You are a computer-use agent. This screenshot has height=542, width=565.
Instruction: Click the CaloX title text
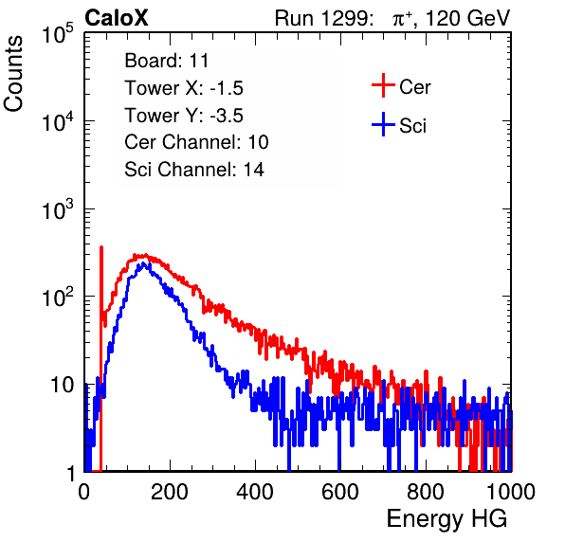click(x=117, y=18)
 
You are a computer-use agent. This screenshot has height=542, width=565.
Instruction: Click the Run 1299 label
click(x=323, y=18)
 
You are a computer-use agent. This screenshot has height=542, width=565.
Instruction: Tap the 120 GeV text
click(x=467, y=18)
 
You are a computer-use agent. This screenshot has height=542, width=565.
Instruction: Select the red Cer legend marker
click(x=383, y=85)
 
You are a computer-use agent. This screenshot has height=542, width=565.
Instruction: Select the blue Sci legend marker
click(x=383, y=124)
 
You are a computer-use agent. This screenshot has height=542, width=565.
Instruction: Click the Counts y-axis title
click(x=13, y=74)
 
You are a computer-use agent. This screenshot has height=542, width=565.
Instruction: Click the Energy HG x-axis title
click(x=447, y=519)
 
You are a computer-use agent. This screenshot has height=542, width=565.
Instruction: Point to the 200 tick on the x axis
click(x=170, y=492)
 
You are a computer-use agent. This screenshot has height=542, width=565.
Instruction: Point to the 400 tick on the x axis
click(x=255, y=492)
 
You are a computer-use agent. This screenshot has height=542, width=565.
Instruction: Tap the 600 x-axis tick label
click(x=340, y=492)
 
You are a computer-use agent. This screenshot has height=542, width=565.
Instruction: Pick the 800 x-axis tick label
click(x=426, y=492)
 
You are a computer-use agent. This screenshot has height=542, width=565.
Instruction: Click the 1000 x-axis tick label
click(x=511, y=492)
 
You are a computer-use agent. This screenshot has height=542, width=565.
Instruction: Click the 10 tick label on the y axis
click(x=62, y=385)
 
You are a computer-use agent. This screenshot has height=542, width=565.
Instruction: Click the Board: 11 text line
click(x=167, y=61)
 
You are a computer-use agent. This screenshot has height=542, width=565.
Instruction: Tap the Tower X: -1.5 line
click(x=184, y=88)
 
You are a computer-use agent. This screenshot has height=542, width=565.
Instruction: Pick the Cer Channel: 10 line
click(x=196, y=142)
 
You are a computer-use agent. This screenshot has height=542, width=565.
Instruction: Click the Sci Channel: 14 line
click(x=194, y=170)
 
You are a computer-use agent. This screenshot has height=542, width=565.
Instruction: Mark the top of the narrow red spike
click(x=101, y=247)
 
